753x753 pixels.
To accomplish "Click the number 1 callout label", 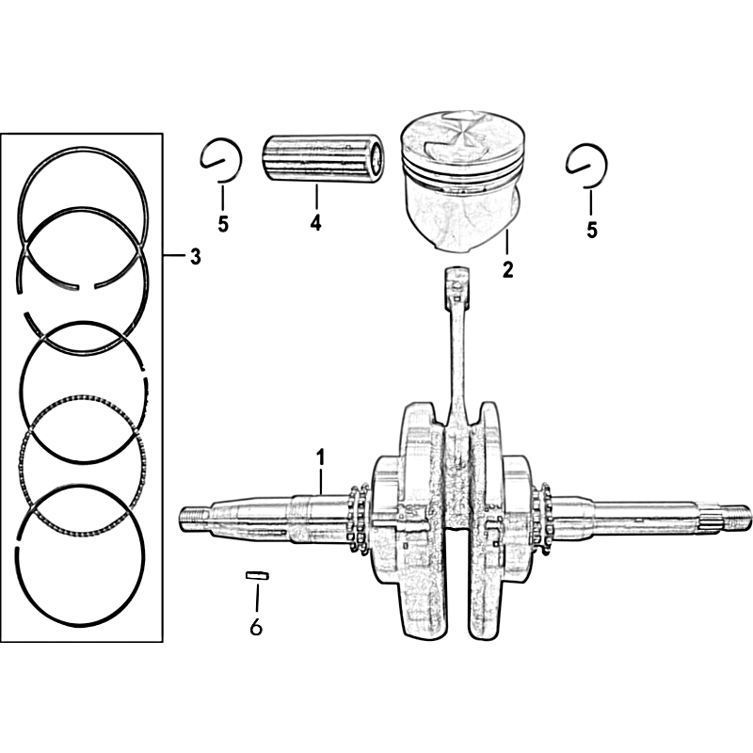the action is coord(320,457).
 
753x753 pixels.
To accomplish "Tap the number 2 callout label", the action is coord(507,269).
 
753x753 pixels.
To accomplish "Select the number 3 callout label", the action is coord(195,257).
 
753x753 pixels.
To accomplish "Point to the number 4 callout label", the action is coord(315,223).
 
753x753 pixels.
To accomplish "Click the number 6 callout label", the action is coord(256,627).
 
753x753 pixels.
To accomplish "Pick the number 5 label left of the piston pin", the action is coord(223,224).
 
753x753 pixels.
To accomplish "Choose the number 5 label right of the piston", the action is coord(592,230).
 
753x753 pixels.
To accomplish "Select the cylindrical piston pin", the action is coord(324,157).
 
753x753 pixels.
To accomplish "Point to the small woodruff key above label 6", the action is coord(257,575).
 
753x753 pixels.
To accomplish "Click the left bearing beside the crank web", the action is coord(358,519).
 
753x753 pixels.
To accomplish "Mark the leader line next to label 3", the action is coord(174,256).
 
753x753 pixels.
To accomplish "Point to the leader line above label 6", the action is coord(257,596).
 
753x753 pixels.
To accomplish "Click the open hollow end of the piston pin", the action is coord(378,158).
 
